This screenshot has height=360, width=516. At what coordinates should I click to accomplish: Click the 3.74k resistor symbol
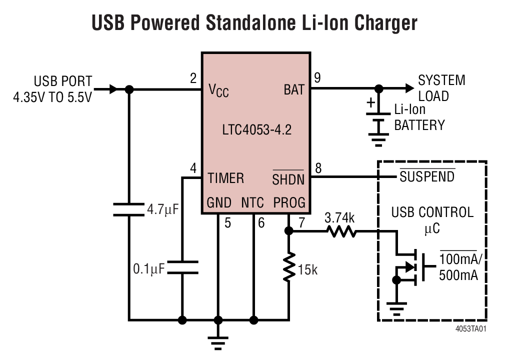click(341, 231)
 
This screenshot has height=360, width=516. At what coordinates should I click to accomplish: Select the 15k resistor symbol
click(289, 267)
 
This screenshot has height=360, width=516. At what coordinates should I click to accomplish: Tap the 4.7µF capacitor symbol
click(129, 209)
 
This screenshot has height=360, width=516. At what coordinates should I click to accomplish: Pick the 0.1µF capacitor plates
click(182, 267)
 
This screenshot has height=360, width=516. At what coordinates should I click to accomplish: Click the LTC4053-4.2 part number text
click(256, 131)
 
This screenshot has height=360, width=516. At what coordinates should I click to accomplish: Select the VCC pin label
click(218, 90)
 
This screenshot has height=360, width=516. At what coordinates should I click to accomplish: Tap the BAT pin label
click(293, 90)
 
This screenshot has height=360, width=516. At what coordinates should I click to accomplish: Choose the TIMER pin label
click(226, 178)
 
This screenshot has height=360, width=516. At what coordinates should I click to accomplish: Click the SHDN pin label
click(288, 179)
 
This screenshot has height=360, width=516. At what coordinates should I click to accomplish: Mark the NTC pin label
click(253, 203)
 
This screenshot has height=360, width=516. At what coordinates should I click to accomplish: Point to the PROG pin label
click(289, 203)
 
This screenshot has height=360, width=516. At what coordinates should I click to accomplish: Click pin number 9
click(317, 78)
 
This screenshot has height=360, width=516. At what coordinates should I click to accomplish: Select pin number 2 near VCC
click(193, 78)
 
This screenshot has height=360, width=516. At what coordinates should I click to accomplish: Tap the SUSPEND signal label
click(427, 176)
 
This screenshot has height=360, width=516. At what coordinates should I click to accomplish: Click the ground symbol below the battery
click(379, 139)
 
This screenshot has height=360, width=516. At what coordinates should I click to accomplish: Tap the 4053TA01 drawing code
click(471, 329)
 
